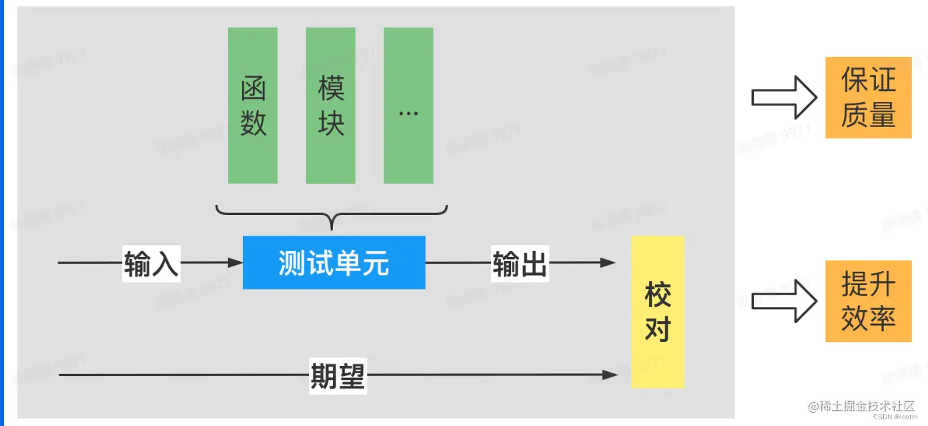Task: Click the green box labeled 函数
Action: (252, 105)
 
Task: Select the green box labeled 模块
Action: (330, 105)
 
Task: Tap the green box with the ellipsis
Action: (408, 105)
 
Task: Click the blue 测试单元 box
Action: (334, 262)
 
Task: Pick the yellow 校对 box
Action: (657, 311)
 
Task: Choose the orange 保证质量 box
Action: (868, 97)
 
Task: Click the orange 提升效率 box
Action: (868, 301)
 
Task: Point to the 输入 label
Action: (151, 264)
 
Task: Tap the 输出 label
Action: (520, 264)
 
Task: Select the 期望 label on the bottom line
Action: (338, 375)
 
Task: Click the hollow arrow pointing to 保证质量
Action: (784, 97)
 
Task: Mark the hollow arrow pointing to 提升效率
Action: (784, 301)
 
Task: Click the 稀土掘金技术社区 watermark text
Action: (861, 406)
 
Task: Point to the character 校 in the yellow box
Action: (657, 295)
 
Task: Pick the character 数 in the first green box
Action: (253, 124)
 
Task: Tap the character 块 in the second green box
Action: (331, 124)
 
